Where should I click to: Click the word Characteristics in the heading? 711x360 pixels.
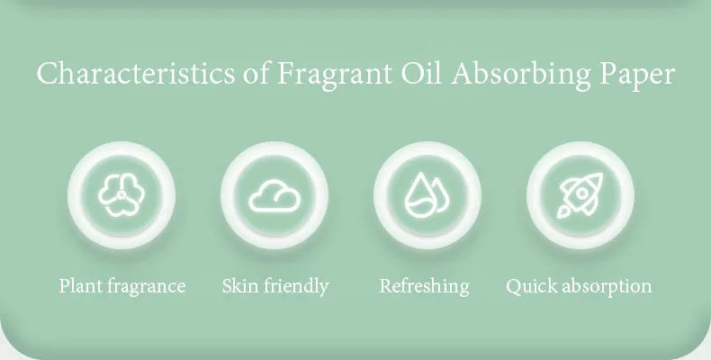pos(136,74)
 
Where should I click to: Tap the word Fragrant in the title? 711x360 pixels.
pos(334,75)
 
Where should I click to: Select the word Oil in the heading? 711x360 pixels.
pos(421,73)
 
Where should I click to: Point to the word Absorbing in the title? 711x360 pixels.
pos(521,75)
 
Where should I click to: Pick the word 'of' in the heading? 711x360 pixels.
pos(256,73)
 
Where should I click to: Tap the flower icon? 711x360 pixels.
pos(121,195)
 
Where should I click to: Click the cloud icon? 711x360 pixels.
pos(274,196)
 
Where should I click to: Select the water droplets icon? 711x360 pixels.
pos(427,194)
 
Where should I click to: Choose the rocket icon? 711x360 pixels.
pos(580,195)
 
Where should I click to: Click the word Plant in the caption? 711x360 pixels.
pos(82,286)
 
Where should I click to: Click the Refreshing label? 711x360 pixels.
pos(425,287)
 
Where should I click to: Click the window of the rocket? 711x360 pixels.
pos(582,193)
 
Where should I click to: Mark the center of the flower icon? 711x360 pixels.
pos(121,195)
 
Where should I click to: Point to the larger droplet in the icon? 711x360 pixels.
pos(420,196)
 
